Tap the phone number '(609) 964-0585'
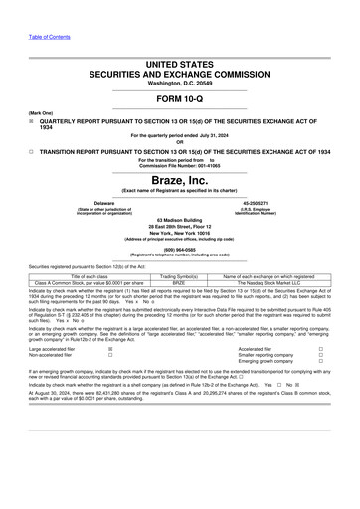pos(180,251)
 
